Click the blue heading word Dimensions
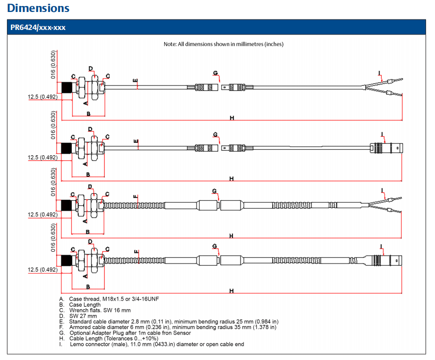[x=38, y=8]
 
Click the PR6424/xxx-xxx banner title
[x=38, y=27]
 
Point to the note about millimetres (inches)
[x=223, y=44]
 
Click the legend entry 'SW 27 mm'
[x=83, y=316]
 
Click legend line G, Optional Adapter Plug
[x=130, y=333]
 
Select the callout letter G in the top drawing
[x=215, y=73]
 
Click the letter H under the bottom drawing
[x=231, y=291]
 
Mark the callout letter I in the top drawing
[x=380, y=73]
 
